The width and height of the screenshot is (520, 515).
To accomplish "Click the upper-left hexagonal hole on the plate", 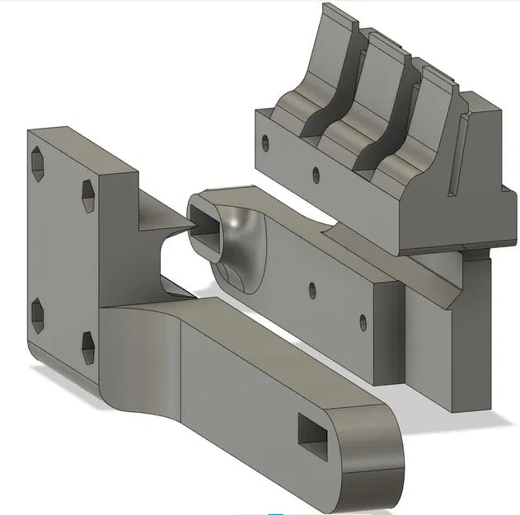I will coord(39,166).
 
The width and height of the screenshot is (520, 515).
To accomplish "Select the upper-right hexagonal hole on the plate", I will coord(89,194).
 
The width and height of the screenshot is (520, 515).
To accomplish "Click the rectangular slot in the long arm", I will coord(313,433).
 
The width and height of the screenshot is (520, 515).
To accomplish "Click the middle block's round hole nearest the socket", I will coord(312,289).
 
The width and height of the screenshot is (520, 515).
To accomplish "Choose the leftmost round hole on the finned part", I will coord(265,142).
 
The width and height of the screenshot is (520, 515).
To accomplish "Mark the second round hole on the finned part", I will coord(314,174).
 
